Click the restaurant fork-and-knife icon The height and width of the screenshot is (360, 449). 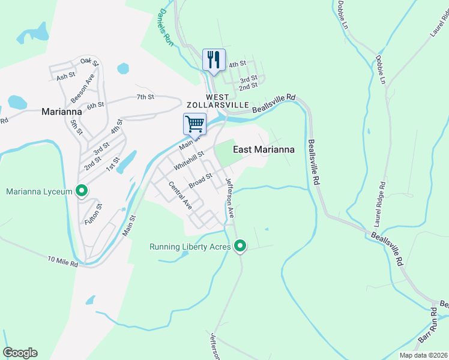(x=214, y=59)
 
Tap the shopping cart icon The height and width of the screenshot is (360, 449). (x=194, y=124)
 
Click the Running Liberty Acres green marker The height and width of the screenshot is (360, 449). (x=240, y=246)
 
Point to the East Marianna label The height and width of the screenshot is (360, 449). (x=263, y=149)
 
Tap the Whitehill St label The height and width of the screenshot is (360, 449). (x=189, y=160)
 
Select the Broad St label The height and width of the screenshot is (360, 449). (x=200, y=180)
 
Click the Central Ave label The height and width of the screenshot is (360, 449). (x=179, y=194)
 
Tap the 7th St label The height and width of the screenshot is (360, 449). (x=145, y=97)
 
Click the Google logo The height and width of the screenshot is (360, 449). (x=20, y=353)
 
